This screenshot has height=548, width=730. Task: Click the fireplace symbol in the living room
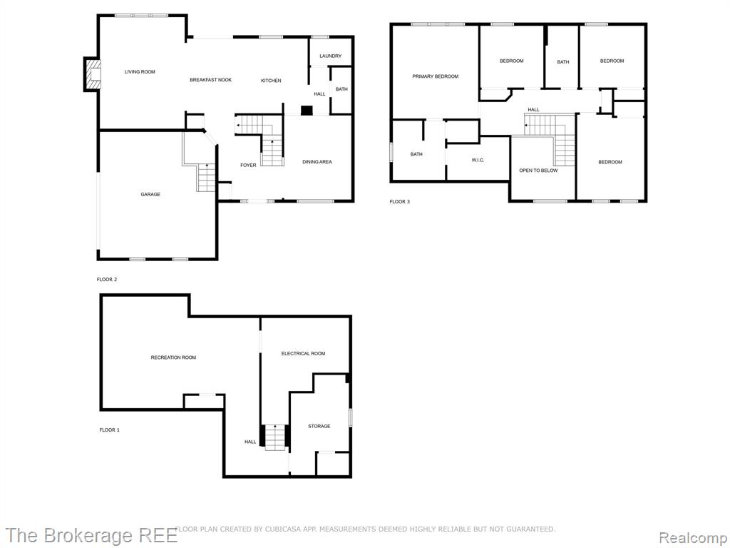point(91,74)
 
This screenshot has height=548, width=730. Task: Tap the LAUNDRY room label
point(331,56)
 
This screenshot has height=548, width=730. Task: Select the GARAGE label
point(150,194)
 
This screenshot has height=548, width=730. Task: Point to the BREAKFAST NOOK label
point(210,80)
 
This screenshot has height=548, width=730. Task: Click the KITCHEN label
point(271,81)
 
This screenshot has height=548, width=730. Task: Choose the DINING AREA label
point(317,162)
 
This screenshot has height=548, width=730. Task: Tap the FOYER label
point(248,165)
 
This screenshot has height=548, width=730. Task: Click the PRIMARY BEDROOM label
point(436,76)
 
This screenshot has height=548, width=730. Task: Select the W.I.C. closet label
point(478,160)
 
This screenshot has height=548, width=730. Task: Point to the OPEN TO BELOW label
point(538,171)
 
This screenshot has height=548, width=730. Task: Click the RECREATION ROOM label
point(173,357)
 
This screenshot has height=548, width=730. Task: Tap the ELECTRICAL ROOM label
point(303,353)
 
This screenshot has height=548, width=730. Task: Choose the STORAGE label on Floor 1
point(319,426)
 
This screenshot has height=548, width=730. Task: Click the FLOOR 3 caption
point(399,202)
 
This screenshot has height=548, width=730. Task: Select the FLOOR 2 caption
point(107,280)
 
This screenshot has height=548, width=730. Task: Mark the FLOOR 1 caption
point(109,430)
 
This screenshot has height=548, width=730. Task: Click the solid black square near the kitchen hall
point(307,111)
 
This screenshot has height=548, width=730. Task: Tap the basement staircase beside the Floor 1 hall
point(274,437)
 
